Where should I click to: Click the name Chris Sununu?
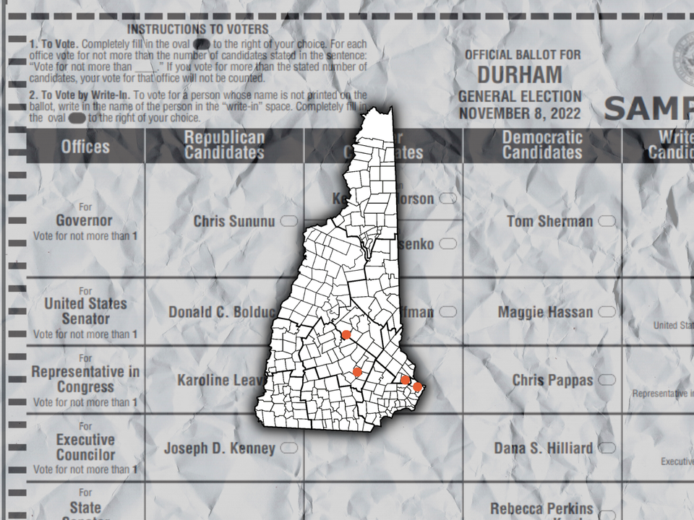234,221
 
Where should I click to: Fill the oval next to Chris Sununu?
288,221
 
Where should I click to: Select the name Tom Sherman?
549,221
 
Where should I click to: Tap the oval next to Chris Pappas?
607,380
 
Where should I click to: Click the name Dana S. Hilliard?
543,448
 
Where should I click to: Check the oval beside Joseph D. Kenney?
288,448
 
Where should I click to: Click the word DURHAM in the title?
519,74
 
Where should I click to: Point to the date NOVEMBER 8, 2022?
519,113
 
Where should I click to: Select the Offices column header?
85,147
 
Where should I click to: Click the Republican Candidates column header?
224,144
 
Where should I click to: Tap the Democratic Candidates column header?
542,144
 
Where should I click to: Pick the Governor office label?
85,220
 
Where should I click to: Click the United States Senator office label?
85,311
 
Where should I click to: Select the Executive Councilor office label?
85,447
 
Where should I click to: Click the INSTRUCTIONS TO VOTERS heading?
197,30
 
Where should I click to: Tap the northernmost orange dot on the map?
346,334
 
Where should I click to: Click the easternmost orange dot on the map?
417,387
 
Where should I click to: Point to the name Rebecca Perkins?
542,509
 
